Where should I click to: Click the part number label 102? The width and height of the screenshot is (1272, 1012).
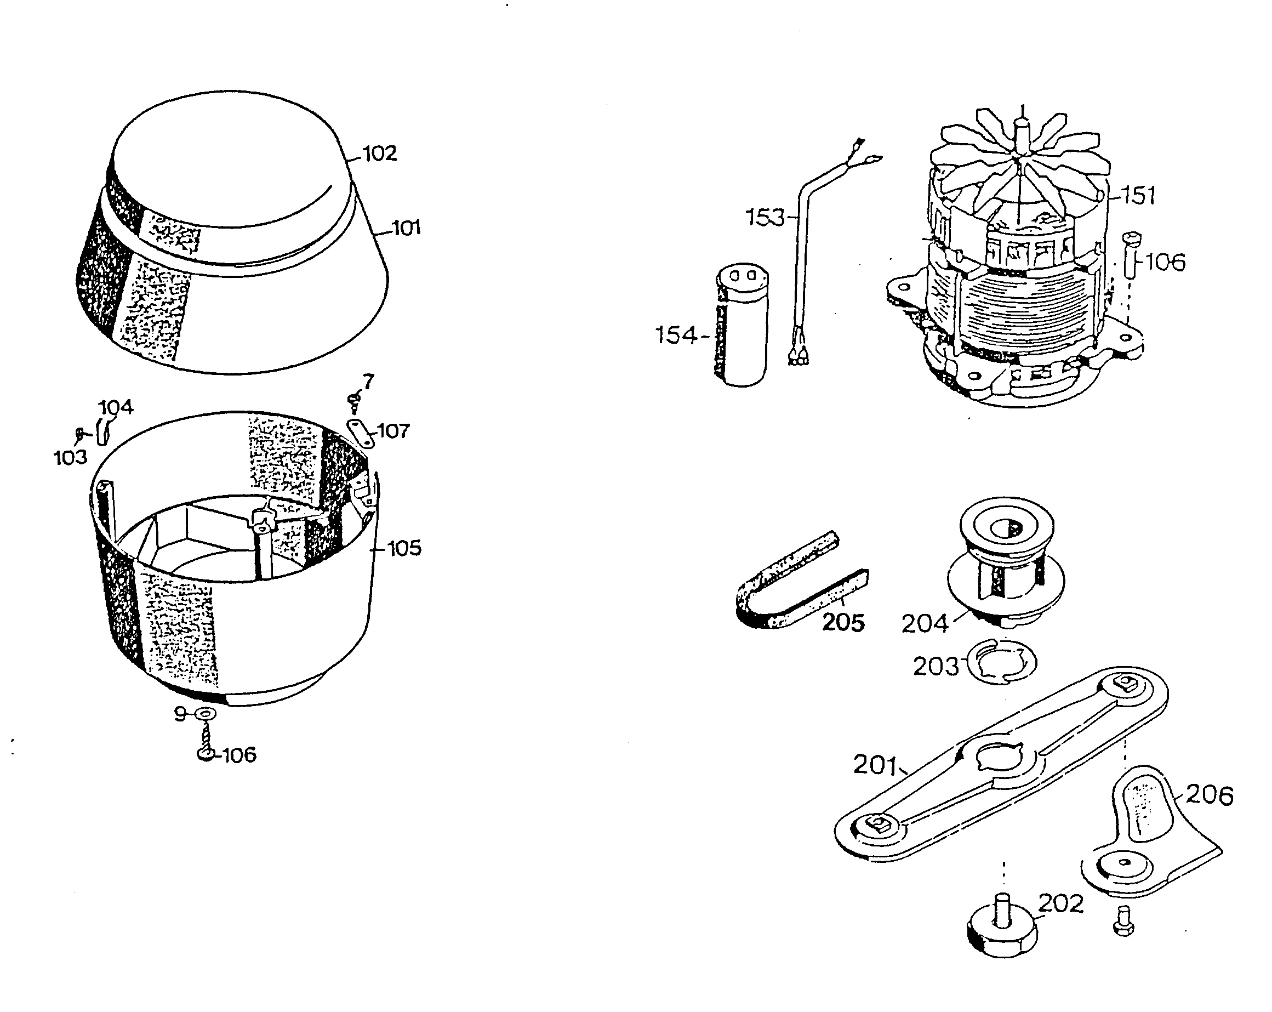pyautogui.click(x=379, y=153)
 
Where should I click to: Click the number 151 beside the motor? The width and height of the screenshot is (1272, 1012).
pyautogui.click(x=1138, y=195)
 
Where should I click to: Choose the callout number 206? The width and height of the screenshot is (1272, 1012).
pyautogui.click(x=1210, y=795)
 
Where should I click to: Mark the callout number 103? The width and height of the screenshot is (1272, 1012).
pyautogui.click(x=70, y=457)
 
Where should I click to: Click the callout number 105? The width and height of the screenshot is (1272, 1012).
pyautogui.click(x=404, y=548)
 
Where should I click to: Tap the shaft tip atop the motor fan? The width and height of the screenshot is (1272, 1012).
pyautogui.click(x=1023, y=124)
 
